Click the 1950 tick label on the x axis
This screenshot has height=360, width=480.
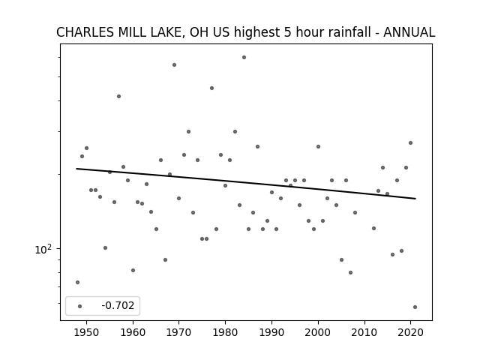pyautogui.click(x=87, y=332)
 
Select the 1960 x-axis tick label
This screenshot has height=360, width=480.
pyautogui.click(x=133, y=332)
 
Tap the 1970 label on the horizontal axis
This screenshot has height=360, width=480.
pyautogui.click(x=178, y=332)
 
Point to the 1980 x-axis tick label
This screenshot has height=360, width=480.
pyautogui.click(x=225, y=332)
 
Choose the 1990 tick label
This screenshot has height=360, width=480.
pyautogui.click(x=271, y=332)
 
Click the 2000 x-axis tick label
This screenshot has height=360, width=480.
pyautogui.click(x=318, y=332)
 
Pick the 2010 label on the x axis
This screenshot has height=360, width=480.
pyautogui.click(x=364, y=332)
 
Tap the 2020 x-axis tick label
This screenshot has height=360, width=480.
pyautogui.click(x=410, y=332)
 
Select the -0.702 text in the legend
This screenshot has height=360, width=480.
pyautogui.click(x=118, y=305)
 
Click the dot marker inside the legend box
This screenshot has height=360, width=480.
pyautogui.click(x=80, y=306)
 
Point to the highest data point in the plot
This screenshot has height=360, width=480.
pyautogui.click(x=244, y=57)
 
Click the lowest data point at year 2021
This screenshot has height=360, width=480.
pyautogui.click(x=415, y=307)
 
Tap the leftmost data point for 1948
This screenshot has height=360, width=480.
pyautogui.click(x=77, y=282)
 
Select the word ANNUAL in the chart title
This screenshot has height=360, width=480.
pyautogui.click(x=409, y=32)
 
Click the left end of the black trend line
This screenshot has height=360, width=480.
pyautogui.click(x=76, y=169)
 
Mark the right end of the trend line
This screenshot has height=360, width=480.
pyautogui.click(x=415, y=199)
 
